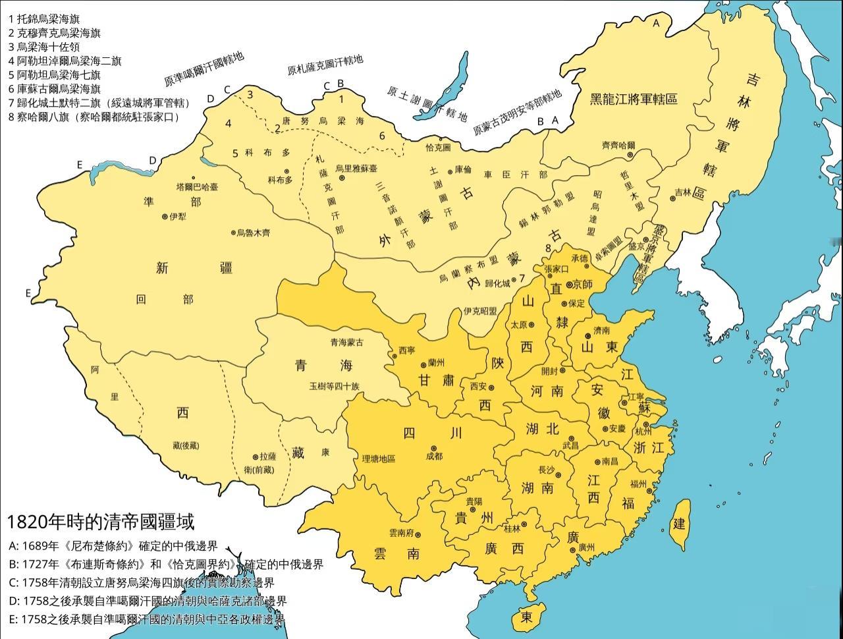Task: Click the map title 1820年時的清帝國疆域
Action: click(101, 522)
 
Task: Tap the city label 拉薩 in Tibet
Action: click(267, 456)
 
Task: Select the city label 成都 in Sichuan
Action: click(435, 455)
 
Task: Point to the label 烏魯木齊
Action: click(253, 233)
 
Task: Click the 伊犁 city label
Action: click(177, 216)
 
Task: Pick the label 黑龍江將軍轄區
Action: click(633, 99)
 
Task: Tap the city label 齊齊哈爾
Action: click(618, 145)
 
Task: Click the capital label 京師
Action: click(583, 284)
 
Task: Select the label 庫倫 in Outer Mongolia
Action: click(463, 169)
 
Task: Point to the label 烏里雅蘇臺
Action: click(356, 169)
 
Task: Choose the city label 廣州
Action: click(586, 547)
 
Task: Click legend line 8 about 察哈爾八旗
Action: click(94, 117)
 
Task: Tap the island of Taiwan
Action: click(680, 524)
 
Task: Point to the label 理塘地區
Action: click(379, 458)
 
